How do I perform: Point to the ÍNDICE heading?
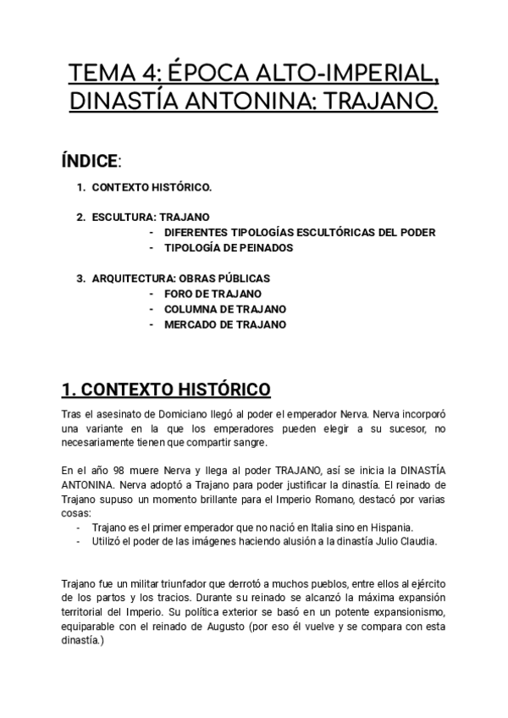(90, 161)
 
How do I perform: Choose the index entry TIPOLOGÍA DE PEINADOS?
(229, 247)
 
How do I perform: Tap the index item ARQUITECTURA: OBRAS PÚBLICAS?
(181, 278)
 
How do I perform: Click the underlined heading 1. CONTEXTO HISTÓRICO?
(166, 389)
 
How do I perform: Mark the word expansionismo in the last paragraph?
(400, 610)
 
